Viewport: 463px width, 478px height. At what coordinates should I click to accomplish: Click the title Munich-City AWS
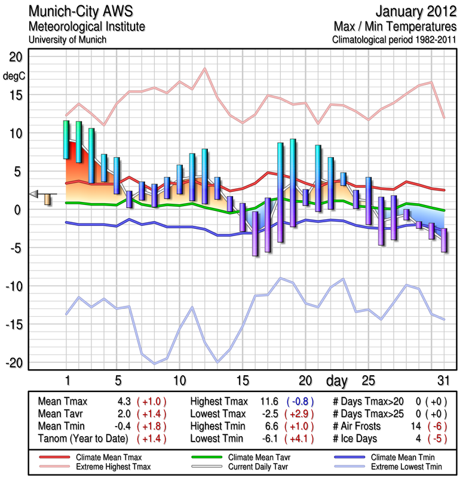(x=86, y=12)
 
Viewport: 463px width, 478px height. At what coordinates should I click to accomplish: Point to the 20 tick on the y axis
(x=15, y=57)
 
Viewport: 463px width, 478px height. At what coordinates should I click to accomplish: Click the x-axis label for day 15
(x=243, y=381)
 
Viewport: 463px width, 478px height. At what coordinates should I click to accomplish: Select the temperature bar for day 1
(x=66, y=140)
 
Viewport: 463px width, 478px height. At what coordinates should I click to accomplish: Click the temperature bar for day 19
(x=293, y=183)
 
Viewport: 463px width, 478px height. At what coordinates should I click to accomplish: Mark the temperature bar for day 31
(x=444, y=240)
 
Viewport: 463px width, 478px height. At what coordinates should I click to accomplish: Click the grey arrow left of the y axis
(x=35, y=193)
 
